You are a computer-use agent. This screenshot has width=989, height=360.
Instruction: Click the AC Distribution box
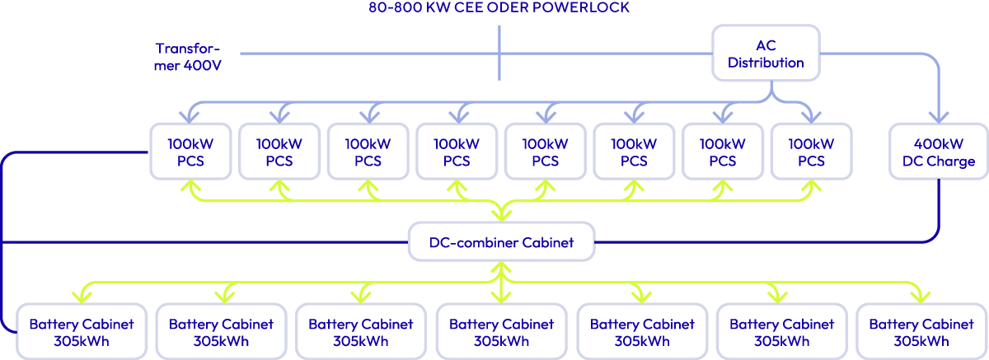click(x=766, y=53)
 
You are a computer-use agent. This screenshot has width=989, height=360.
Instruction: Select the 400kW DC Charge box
click(x=938, y=152)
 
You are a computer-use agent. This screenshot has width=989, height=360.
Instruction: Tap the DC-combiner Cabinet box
click(x=501, y=241)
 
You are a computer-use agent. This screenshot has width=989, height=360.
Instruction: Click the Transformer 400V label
click(x=188, y=56)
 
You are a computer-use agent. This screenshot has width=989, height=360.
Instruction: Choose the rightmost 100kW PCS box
click(x=812, y=152)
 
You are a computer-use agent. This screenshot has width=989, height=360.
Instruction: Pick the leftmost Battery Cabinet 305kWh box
click(x=75, y=332)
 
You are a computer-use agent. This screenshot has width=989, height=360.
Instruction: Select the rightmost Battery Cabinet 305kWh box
click(x=920, y=332)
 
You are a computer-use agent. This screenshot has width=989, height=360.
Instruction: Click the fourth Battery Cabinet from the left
click(x=500, y=332)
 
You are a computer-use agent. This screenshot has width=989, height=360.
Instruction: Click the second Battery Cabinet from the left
click(x=215, y=332)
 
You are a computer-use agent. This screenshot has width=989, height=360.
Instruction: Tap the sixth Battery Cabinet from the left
click(x=780, y=332)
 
